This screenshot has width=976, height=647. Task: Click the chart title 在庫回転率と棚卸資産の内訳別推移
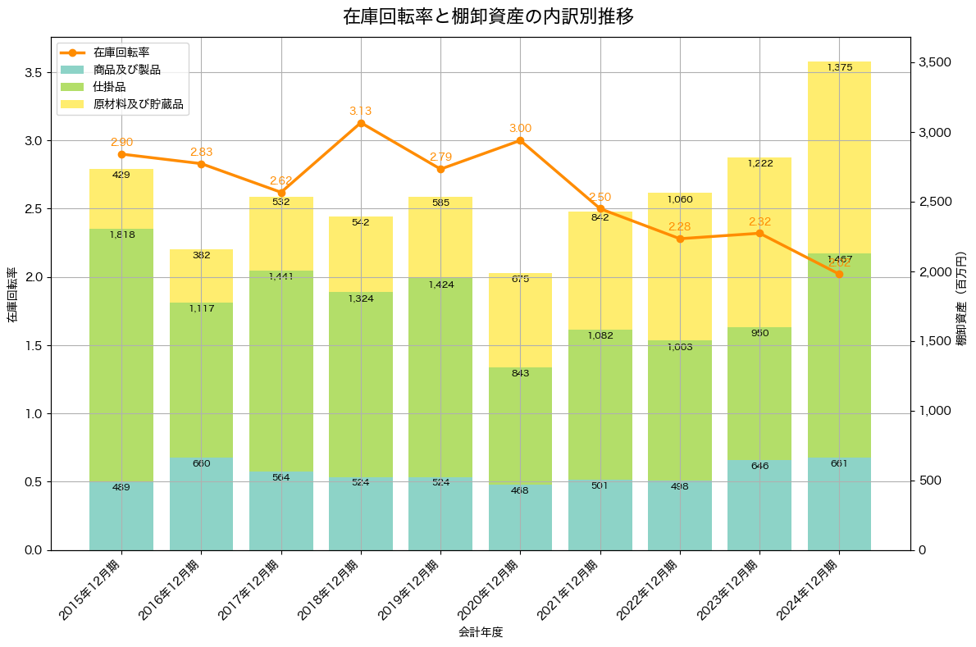coord(488,16)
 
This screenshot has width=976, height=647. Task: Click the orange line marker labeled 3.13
coord(361,123)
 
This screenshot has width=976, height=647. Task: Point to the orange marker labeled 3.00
coord(520,140)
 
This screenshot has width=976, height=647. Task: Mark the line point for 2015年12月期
coord(121,154)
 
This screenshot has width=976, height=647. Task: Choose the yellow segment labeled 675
coord(520,320)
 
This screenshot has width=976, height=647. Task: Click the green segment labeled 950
coord(759,394)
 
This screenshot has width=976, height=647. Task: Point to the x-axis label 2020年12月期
coord(490,588)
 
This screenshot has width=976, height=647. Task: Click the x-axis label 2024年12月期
coord(809,588)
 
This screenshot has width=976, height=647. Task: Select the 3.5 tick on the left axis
coord(33,72)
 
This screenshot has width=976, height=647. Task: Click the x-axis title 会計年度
coord(481,632)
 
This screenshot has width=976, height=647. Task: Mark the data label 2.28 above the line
coord(679,226)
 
